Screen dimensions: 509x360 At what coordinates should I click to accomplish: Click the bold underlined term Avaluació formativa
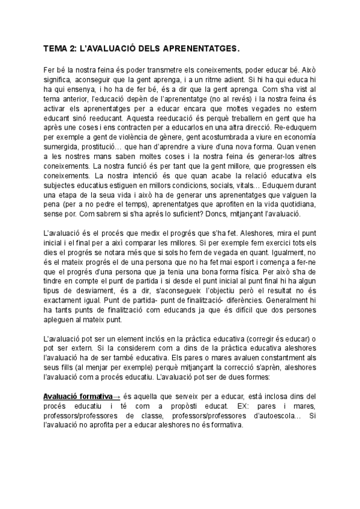coord(78,397)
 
